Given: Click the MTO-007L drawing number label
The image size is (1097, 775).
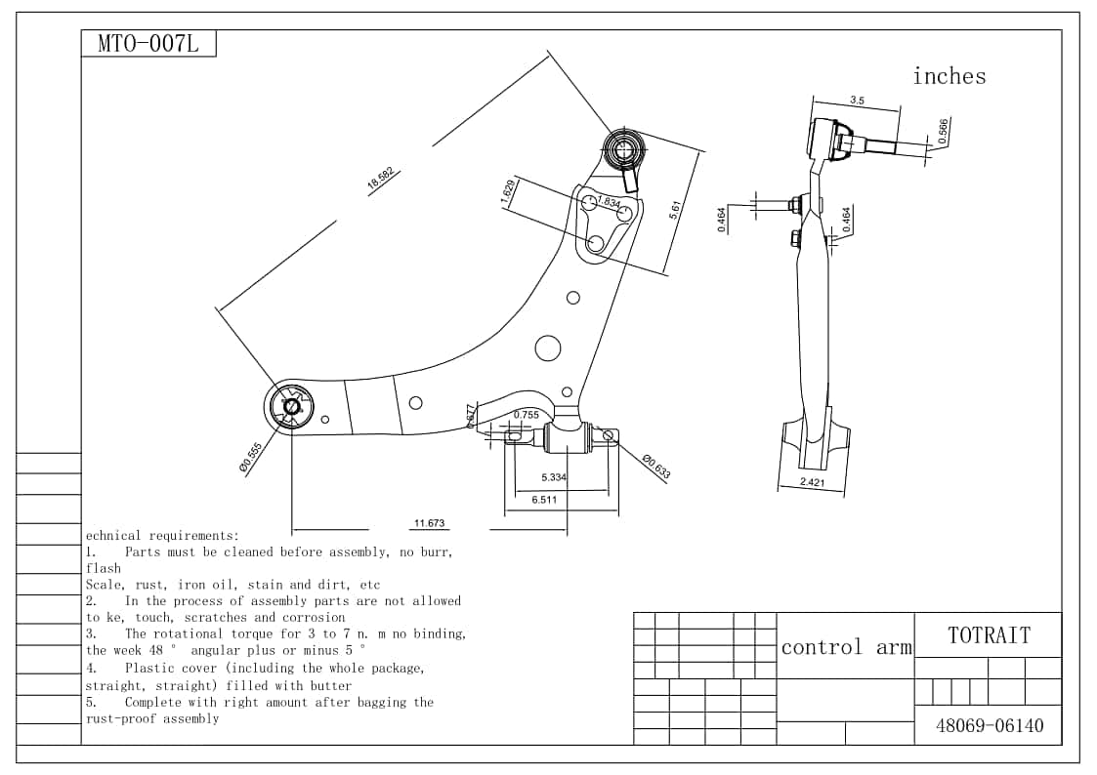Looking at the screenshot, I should tap(148, 45).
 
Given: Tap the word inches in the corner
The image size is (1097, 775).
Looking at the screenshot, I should tap(949, 76).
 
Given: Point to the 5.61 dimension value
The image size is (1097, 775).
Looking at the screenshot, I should tap(674, 210).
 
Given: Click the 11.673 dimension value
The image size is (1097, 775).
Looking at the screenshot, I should tap(429, 523).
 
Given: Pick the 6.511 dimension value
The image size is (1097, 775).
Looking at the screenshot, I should tap(545, 500).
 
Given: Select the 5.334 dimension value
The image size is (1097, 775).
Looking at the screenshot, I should tap(554, 477).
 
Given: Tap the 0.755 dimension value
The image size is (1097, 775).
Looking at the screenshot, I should tap(527, 415).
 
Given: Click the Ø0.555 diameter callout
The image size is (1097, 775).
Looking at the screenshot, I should tap(251, 457).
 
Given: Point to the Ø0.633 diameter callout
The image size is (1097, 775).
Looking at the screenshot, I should tap(656, 467).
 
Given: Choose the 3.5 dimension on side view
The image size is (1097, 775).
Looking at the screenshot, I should tap(857, 101).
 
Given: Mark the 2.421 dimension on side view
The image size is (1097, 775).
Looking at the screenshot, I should tap(812, 482).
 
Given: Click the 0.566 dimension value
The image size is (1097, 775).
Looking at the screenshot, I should tap(943, 132).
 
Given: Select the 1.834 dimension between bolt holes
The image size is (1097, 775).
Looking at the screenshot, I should tap(609, 202).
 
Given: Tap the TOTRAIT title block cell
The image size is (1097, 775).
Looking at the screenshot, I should tap(988, 635).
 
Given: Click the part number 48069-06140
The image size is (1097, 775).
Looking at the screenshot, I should tap(989, 725).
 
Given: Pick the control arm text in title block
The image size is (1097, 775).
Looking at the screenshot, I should tap(846, 646).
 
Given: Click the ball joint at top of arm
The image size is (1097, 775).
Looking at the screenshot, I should tap(622, 148).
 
